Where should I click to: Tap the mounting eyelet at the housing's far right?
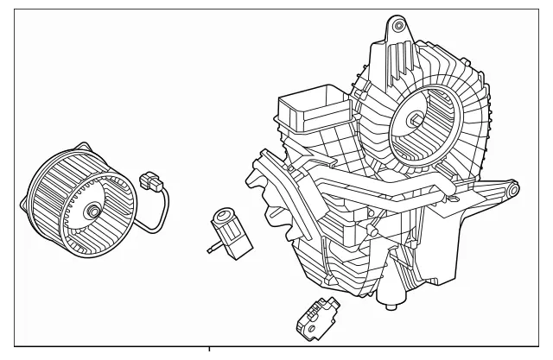tap(512, 186)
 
